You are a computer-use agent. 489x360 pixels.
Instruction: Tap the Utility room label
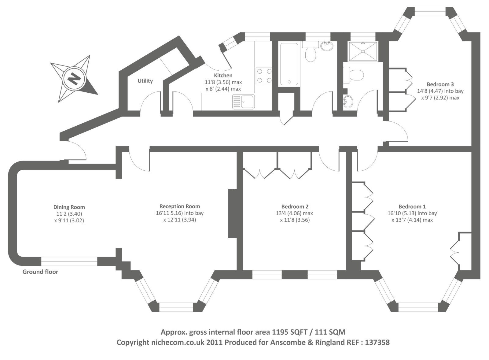click(145, 81)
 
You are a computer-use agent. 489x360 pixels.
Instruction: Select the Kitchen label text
click(223, 75)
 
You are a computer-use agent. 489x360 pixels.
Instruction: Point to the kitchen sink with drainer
click(243, 102)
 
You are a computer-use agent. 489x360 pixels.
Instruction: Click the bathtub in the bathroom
click(289, 64)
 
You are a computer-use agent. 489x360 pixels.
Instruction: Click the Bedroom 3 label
click(440, 84)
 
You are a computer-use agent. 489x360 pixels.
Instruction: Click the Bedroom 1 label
click(412, 206)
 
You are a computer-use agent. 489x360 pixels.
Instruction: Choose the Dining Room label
click(69, 207)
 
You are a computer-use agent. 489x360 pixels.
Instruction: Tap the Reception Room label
click(180, 206)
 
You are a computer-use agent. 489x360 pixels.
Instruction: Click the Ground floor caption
click(40, 272)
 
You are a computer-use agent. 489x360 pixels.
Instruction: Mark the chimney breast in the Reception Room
click(233, 213)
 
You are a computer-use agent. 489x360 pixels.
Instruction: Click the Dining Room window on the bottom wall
click(69, 262)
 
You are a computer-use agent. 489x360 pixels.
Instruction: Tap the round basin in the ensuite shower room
click(347, 101)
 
